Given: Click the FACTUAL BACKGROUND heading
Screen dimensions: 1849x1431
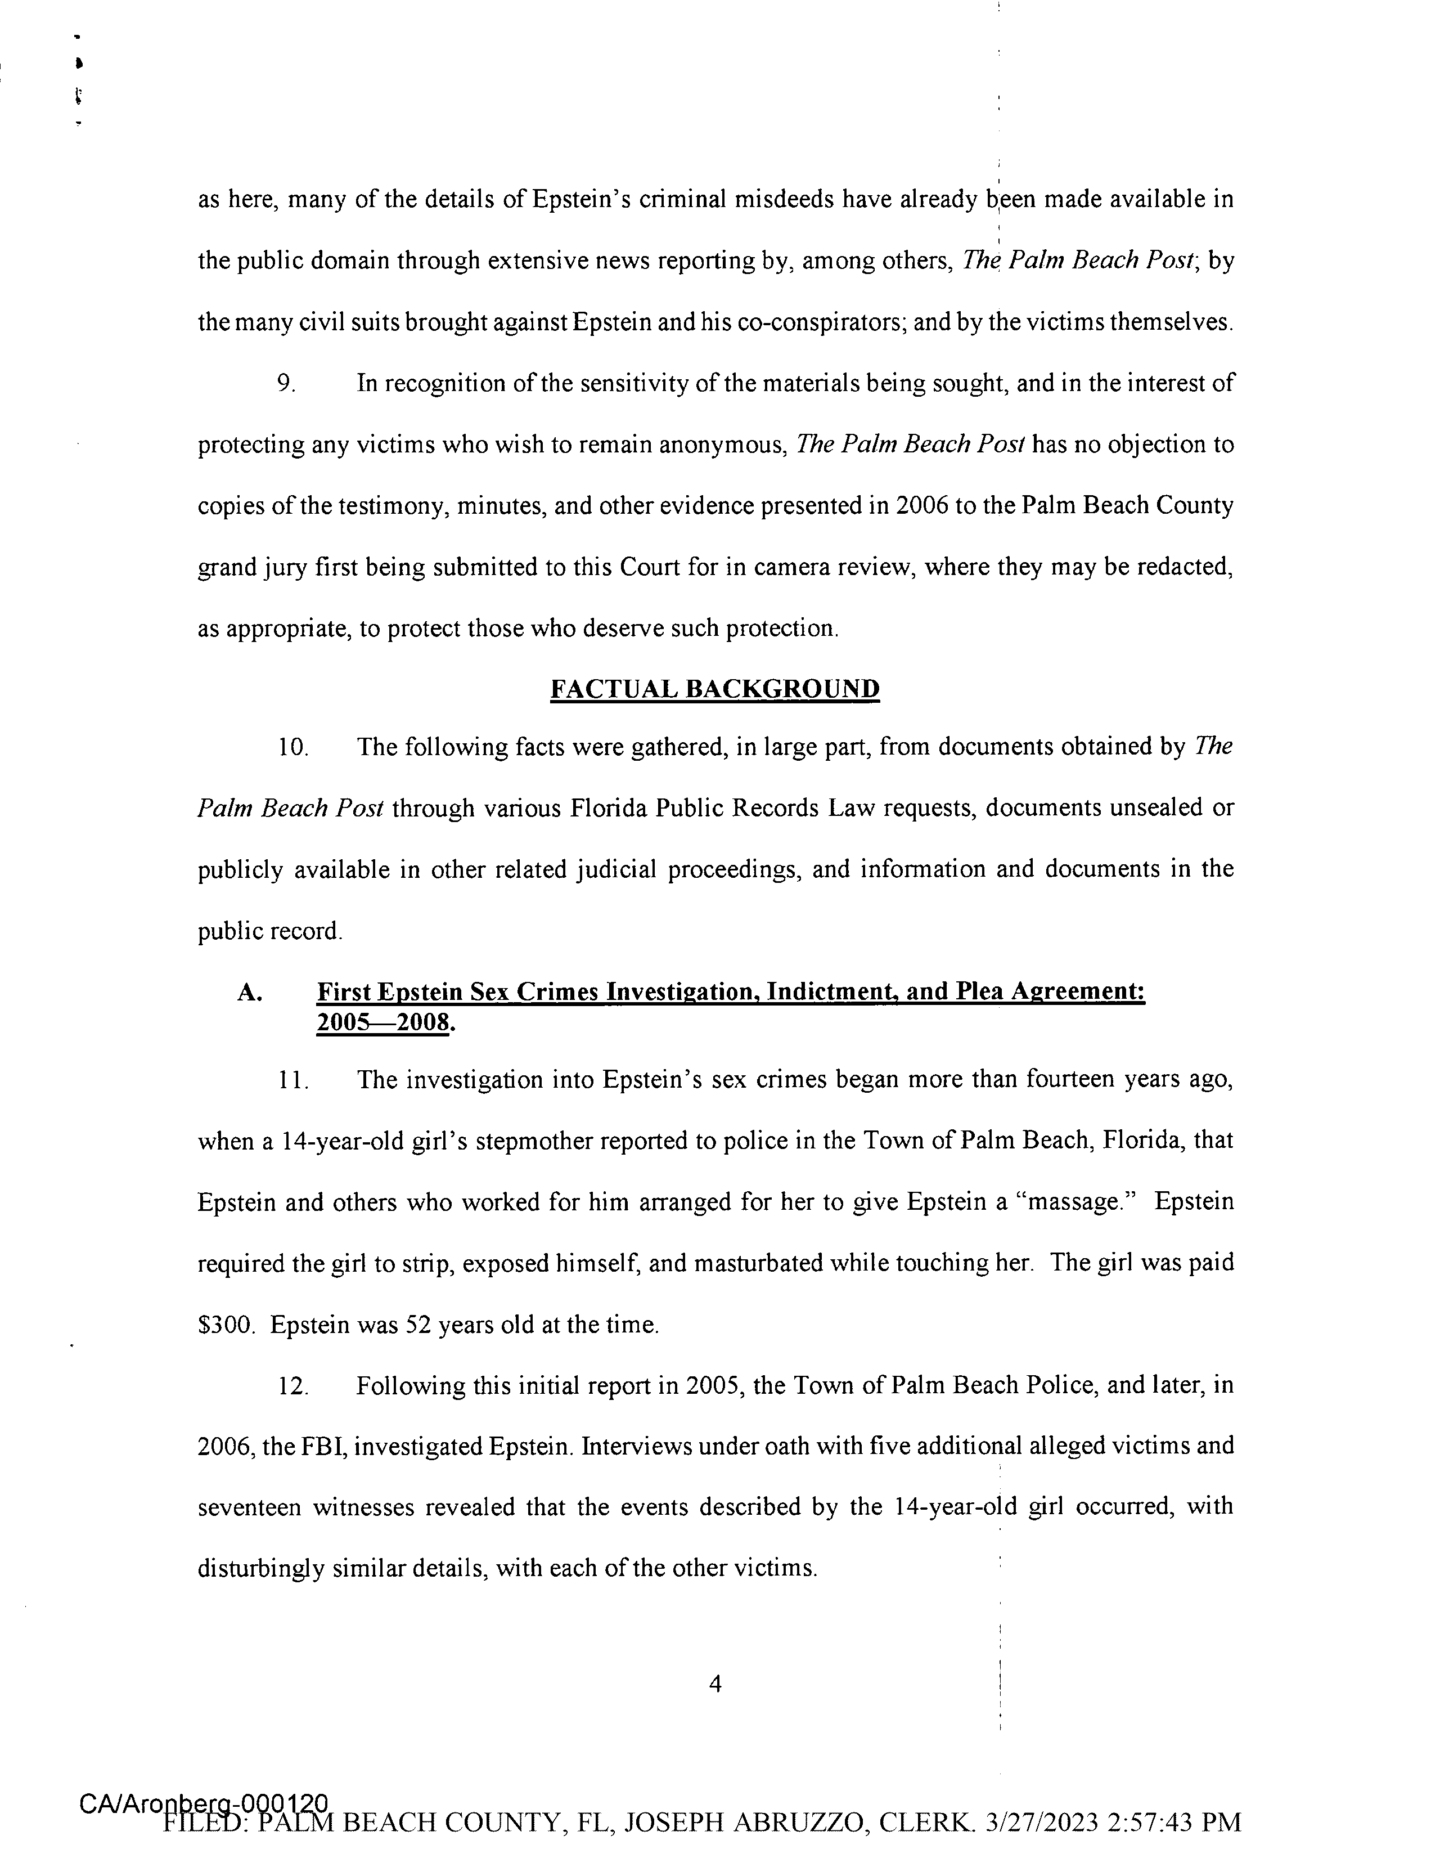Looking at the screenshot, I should click(714, 689).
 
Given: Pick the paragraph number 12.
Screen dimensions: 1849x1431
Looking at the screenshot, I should click(292, 1386).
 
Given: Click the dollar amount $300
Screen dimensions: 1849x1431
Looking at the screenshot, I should click(224, 1325).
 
